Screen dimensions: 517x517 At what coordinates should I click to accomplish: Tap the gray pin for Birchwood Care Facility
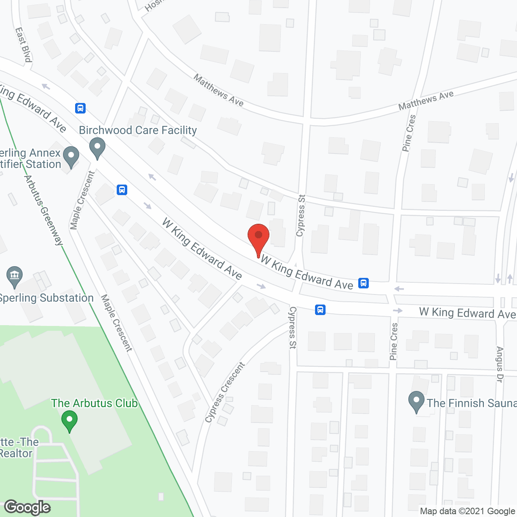[97, 147]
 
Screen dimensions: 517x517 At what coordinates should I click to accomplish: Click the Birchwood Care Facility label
[138, 130]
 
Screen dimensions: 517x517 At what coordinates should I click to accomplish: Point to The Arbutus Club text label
[95, 403]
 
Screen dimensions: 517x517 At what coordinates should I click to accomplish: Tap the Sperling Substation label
[46, 298]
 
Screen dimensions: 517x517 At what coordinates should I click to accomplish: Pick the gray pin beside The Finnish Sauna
[416, 401]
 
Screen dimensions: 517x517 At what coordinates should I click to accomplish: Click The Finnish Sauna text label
[471, 403]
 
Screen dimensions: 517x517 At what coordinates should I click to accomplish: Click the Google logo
[27, 507]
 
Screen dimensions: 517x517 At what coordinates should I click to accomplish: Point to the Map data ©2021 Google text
[467, 511]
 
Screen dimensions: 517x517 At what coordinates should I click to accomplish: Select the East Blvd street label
[23, 45]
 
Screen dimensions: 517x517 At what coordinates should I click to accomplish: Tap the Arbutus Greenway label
[44, 210]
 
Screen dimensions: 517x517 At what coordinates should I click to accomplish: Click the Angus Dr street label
[500, 364]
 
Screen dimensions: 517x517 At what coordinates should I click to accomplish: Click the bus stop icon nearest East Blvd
[80, 108]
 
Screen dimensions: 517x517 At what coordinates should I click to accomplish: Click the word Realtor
[16, 453]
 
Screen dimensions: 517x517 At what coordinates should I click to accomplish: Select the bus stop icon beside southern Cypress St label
[320, 310]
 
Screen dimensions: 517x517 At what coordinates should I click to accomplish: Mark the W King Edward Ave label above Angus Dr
[467, 313]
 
